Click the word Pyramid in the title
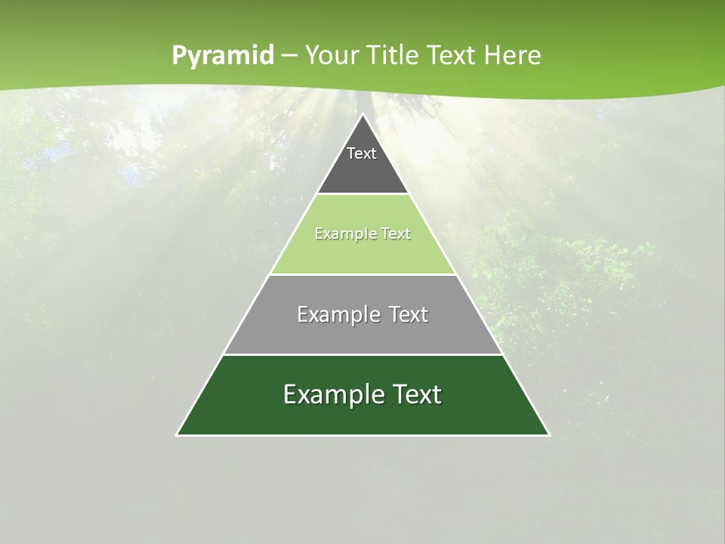pos(222,56)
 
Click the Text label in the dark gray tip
pos(362,153)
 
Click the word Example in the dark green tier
pos(331,394)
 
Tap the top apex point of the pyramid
pos(362,114)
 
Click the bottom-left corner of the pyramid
pos(177,435)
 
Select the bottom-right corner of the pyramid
pos(549,435)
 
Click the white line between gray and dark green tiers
pos(362,354)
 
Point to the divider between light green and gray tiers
pos(362,274)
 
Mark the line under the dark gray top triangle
pos(362,194)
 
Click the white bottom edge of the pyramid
pos(362,435)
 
